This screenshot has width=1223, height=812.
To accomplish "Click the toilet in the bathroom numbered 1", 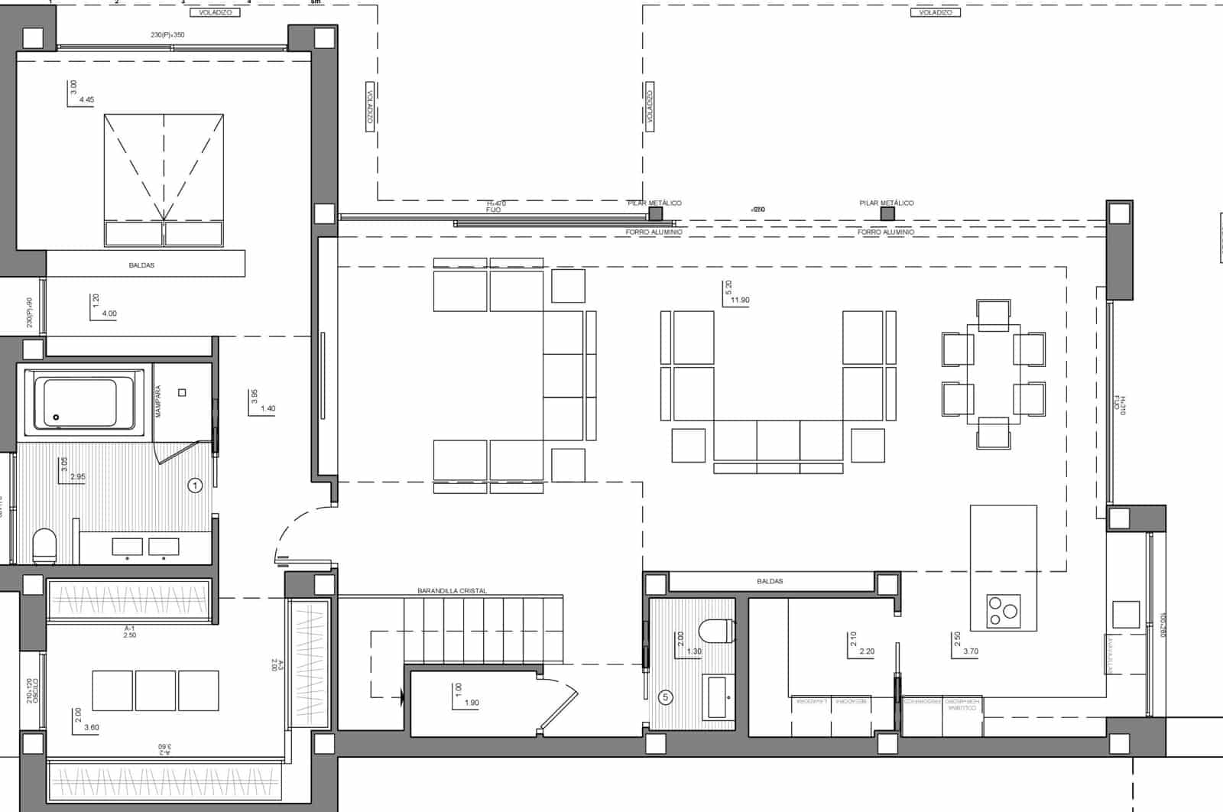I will (44, 545).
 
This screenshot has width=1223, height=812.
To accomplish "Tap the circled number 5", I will (666, 697).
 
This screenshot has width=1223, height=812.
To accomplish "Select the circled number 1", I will (194, 486).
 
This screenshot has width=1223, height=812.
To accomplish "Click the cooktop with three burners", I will (1003, 610).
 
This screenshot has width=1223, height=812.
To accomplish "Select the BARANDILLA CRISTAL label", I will (452, 591).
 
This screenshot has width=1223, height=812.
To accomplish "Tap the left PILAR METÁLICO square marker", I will (654, 213).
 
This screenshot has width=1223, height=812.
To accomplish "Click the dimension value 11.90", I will (740, 300).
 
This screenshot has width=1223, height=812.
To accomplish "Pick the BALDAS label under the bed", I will (141, 265).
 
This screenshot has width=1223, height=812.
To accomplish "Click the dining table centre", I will (993, 375).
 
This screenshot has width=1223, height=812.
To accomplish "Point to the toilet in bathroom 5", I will (715, 632).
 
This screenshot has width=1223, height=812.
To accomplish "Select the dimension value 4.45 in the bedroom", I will (86, 99).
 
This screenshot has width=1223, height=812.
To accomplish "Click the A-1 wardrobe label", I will (129, 628).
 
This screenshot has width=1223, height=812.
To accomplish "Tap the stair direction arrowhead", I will (401, 697).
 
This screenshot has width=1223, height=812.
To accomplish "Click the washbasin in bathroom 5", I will (717, 697).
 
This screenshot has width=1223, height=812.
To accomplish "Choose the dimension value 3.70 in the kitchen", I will (971, 651).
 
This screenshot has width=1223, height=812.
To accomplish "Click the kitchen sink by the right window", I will (1126, 614).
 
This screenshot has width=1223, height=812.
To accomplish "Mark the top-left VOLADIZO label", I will (215, 12).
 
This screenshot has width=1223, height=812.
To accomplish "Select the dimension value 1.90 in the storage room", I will (472, 703).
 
